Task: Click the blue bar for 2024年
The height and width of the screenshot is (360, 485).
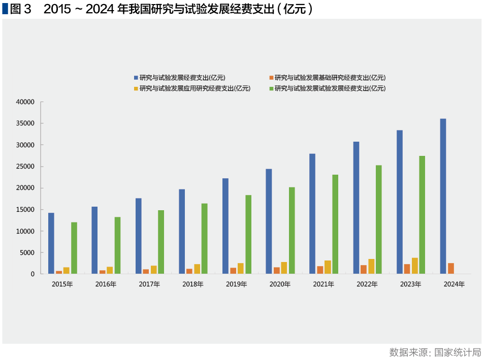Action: click(x=443, y=197)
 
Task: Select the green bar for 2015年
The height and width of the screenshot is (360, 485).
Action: click(x=74, y=248)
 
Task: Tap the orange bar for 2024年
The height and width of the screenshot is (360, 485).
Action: click(x=451, y=269)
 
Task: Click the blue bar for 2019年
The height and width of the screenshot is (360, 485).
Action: click(x=225, y=226)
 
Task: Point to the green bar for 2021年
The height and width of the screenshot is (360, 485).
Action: click(x=335, y=224)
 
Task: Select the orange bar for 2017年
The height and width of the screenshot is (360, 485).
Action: click(x=146, y=272)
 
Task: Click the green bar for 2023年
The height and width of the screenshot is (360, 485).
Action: click(x=422, y=215)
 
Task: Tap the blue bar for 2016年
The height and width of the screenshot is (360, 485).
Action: click(x=94, y=240)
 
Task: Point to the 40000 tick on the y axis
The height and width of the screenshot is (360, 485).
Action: click(x=25, y=102)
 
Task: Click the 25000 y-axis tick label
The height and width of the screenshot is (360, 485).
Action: click(x=25, y=167)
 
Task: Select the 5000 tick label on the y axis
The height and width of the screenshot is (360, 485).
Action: click(x=27, y=253)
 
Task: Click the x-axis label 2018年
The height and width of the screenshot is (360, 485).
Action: click(x=193, y=284)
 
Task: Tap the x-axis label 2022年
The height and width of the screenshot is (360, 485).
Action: click(x=367, y=284)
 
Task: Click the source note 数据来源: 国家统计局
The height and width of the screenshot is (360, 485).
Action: click(x=435, y=352)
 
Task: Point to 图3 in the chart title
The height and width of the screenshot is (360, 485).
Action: click(x=20, y=9)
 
